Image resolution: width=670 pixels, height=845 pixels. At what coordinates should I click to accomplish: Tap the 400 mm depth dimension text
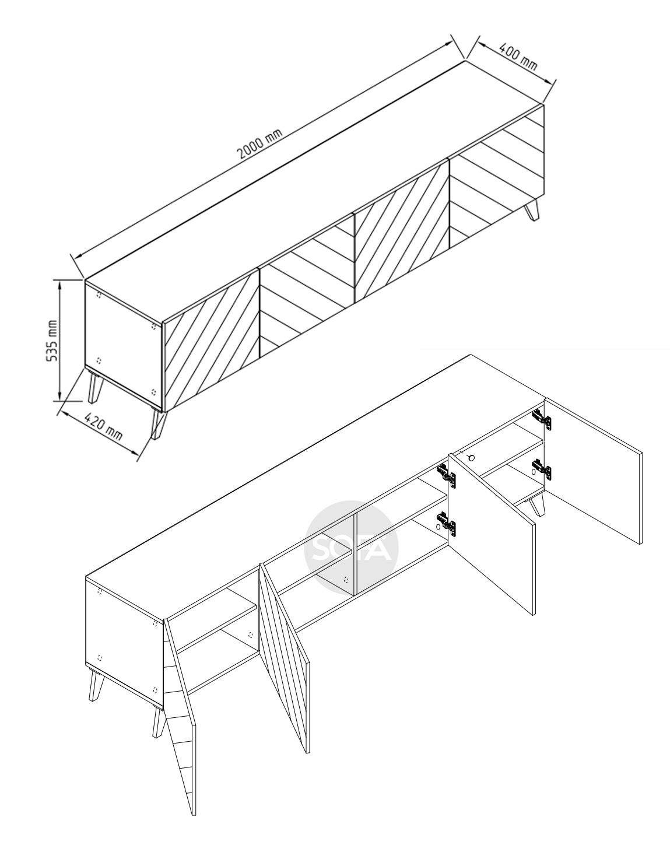click(x=518, y=57)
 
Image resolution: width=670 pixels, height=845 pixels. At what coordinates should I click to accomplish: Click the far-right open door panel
click(x=593, y=471)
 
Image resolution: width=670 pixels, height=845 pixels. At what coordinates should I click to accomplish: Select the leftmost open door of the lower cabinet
click(x=180, y=686)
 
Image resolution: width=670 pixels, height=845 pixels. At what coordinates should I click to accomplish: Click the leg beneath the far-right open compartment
click(x=535, y=507)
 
